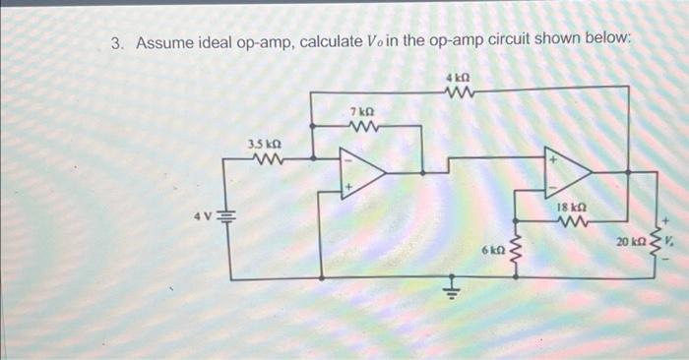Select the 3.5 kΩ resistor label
click(x=266, y=144)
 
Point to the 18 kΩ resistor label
click(x=571, y=209)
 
